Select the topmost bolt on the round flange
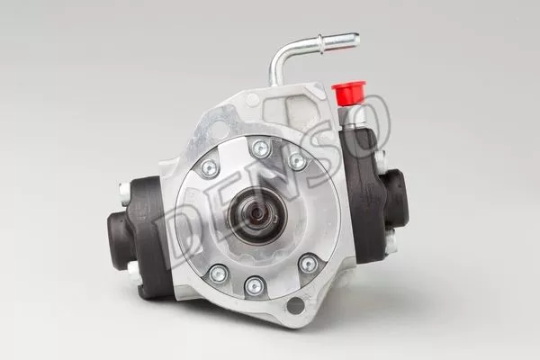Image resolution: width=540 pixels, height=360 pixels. click(261, 148)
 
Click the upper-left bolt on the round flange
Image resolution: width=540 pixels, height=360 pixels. click(210, 167)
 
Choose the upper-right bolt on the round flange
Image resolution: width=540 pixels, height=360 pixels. click(297, 161)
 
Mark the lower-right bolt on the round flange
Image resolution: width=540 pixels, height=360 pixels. click(309, 264)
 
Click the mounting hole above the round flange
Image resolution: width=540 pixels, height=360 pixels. click(252, 100)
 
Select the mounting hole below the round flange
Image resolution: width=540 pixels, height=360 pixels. click(294, 305)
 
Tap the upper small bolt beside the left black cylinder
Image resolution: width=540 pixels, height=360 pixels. click(124, 190)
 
